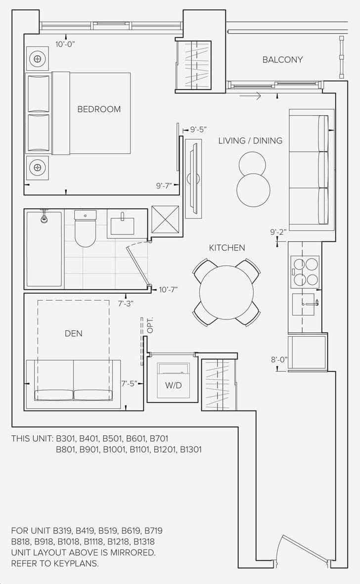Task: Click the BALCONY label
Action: click(282, 60)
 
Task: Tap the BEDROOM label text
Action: click(99, 109)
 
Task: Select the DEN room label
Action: click(74, 333)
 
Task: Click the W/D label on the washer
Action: click(174, 386)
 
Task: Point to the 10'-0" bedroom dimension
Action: click(66, 45)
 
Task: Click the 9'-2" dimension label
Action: click(278, 232)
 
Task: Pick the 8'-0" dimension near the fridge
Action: click(279, 360)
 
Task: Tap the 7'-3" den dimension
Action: click(126, 304)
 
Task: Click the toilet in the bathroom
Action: click(85, 228)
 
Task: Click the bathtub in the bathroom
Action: click(44, 249)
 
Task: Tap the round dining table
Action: click(226, 292)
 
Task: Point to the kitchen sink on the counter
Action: click(305, 304)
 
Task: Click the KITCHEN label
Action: click(226, 248)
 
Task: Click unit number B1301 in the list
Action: click(191, 449)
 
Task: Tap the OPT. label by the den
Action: click(150, 325)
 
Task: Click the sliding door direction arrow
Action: click(250, 96)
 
